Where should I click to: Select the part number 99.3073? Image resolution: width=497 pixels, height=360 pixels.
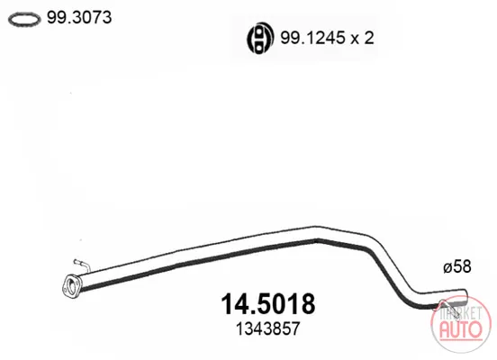coord(79,17)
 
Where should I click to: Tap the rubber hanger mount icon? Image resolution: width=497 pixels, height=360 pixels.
coord(260,39)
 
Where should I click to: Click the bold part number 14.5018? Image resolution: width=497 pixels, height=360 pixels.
coord(267,304)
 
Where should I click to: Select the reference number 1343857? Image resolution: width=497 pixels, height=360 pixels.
coord(267,328)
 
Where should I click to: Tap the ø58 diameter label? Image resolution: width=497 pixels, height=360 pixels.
coord(457,266)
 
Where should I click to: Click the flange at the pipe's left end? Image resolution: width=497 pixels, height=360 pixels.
coord(72,286)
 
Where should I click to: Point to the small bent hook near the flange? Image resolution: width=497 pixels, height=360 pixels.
coord(83,265)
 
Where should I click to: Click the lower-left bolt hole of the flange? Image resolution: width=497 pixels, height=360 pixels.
coord(66,290)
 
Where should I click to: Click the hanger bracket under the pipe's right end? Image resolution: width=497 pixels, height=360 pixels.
coord(448,308)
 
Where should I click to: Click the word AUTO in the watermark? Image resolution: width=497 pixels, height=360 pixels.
coord(461,329)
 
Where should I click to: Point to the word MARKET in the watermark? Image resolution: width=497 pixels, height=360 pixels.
coord(461,313)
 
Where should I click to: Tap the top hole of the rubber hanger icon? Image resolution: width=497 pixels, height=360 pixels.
coord(259,32)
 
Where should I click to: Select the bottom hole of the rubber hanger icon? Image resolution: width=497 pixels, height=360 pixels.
coord(259,48)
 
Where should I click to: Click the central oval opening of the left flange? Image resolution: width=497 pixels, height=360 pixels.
coord(72,286)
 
